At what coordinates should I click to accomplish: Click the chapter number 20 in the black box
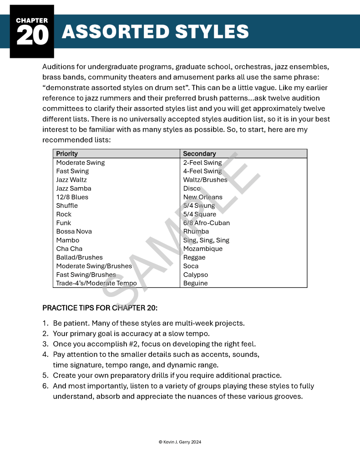32,36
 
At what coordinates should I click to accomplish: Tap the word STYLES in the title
205,32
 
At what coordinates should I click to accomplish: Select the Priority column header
67,154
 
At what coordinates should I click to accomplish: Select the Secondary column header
199,154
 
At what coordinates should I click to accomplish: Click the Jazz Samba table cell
74,189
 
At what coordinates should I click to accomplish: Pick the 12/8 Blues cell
72,197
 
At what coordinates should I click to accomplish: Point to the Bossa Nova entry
74,231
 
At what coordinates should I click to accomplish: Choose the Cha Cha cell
69,249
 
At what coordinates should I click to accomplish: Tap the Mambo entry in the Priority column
67,240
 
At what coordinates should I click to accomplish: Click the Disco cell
192,189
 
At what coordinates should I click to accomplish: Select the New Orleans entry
203,197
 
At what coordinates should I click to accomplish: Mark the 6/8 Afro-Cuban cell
206,223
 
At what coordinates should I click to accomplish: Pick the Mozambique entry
203,249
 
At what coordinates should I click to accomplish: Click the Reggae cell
194,257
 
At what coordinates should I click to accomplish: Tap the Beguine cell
195,283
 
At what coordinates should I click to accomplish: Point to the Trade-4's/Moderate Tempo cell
96,283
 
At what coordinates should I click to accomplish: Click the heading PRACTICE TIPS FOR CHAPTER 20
100,308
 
